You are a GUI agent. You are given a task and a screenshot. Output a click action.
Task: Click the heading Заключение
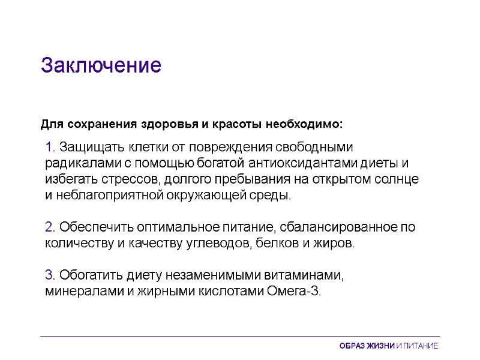[x=101, y=65]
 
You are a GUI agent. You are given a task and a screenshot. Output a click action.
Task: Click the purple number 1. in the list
[x=50, y=147]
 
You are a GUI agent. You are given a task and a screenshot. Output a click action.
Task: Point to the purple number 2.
[x=50, y=228]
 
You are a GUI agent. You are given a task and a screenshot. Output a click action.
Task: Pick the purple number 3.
[x=50, y=276]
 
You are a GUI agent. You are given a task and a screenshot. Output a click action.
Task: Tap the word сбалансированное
[x=332, y=228]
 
